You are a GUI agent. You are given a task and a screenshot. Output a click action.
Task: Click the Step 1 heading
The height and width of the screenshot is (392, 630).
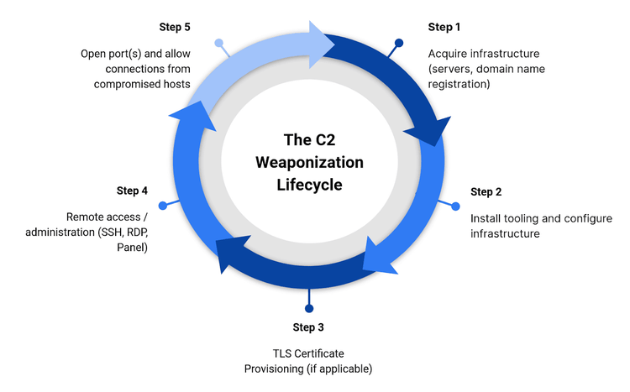coord(444,28)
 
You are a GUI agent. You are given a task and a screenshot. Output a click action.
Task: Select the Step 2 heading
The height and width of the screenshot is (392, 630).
coord(486,192)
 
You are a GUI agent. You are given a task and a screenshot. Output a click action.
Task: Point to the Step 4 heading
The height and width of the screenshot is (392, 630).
coord(133,191)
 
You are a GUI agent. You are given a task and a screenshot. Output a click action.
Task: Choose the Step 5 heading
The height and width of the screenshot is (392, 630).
coord(175,28)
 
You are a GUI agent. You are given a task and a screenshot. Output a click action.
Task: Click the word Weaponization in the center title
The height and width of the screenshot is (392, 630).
coord(310,161)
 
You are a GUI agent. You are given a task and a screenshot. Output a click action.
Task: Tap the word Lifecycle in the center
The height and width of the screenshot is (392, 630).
coord(310,185)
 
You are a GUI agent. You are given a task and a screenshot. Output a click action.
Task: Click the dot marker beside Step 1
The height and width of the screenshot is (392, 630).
coord(399,42)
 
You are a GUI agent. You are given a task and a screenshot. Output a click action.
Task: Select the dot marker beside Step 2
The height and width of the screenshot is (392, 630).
coord(456,206)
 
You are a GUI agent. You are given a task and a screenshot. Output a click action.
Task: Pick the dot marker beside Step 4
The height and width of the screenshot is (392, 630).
coord(162,204)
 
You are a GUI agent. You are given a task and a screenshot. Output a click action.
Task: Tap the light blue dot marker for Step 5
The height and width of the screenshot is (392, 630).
coord(218,42)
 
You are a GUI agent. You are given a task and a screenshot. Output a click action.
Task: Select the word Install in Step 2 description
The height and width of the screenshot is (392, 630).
coord(486,218)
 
